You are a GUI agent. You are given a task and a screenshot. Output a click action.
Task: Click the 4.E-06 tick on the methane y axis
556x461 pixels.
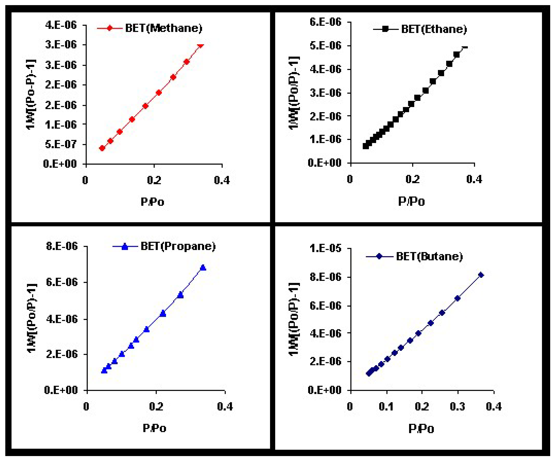click(x=61, y=25)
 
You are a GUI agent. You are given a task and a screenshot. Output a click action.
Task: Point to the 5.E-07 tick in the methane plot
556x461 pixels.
click(x=61, y=144)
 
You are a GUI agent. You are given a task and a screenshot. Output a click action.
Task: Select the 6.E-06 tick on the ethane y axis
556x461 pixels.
click(x=325, y=22)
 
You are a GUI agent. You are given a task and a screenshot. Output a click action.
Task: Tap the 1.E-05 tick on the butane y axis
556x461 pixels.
click(x=325, y=248)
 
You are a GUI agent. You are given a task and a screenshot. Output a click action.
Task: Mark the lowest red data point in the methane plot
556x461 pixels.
click(x=102, y=148)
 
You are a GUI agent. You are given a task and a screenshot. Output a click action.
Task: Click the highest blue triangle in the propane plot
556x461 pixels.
click(x=203, y=267)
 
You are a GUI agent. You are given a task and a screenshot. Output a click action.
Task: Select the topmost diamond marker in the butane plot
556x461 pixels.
click(x=481, y=275)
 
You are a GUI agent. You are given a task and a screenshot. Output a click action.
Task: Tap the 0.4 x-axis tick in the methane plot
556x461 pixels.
click(x=222, y=180)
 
